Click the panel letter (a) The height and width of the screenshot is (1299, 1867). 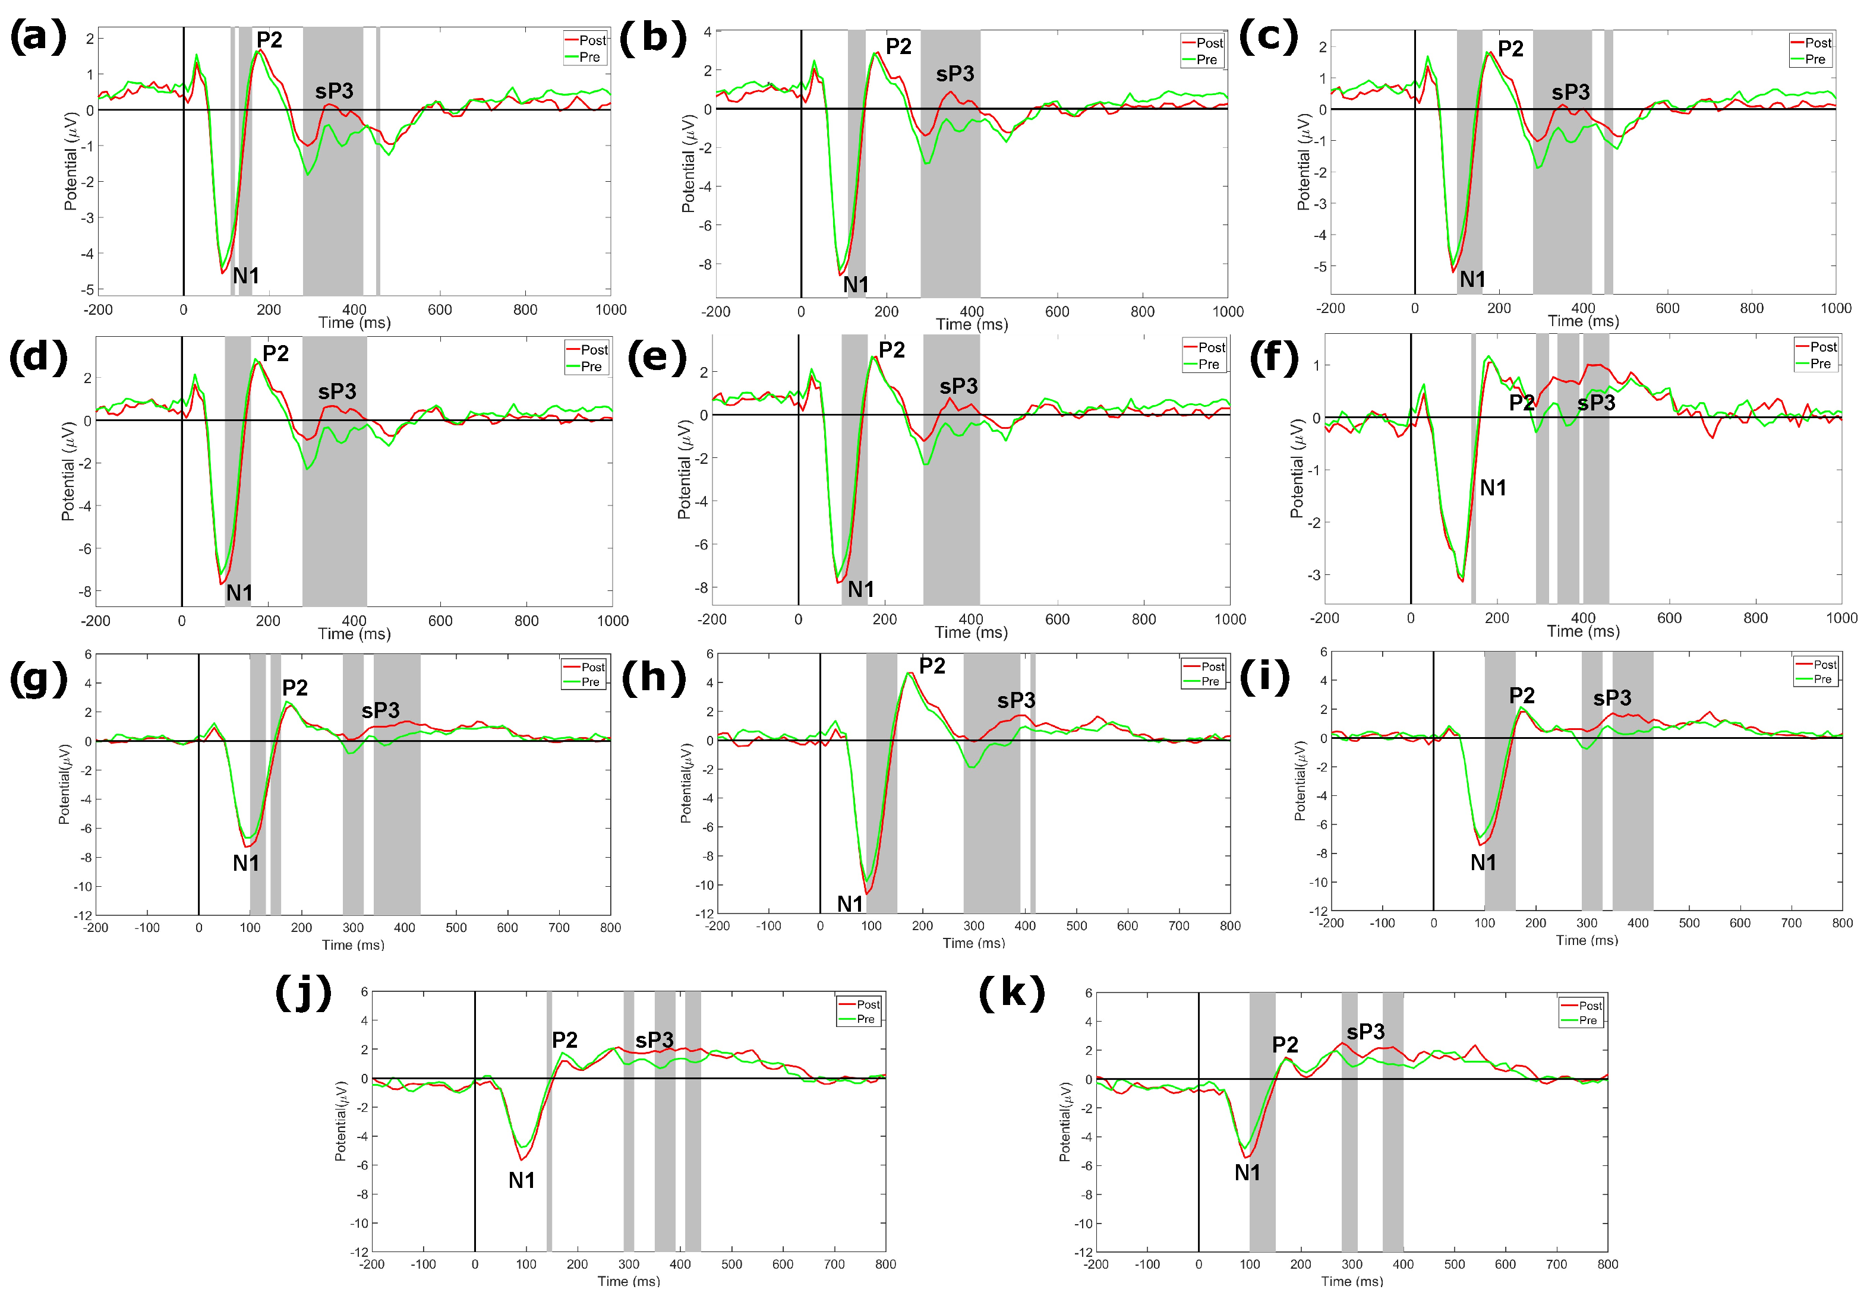point(37,37)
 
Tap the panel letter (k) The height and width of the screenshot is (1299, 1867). point(1011,993)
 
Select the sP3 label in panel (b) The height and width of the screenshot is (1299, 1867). point(955,74)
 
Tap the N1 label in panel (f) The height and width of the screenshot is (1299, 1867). point(1493,488)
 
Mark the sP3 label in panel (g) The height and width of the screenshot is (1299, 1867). point(380,710)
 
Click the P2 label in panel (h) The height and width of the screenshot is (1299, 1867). point(932,666)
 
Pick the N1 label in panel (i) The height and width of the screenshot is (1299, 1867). point(1483,862)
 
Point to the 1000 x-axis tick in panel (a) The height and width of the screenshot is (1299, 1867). point(611,309)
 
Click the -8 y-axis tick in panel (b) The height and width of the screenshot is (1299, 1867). point(706,265)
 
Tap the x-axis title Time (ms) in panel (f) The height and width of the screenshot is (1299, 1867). point(1582,631)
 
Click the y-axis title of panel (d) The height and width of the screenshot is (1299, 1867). point(68,472)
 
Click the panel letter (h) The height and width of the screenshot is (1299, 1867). point(654,677)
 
